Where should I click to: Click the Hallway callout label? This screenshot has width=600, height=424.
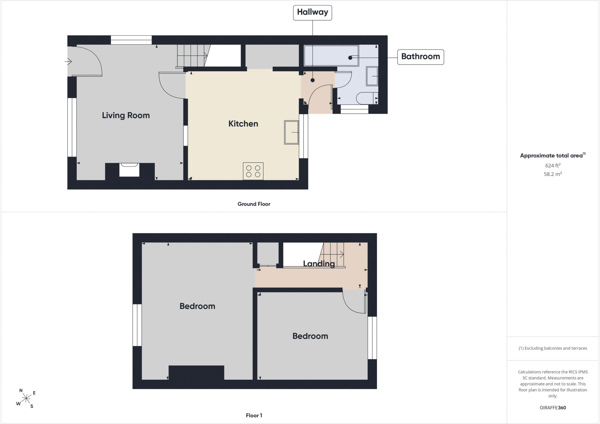312,13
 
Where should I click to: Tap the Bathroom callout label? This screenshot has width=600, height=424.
420,57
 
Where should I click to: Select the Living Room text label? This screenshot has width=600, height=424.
126,116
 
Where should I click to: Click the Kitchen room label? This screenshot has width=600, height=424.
243,124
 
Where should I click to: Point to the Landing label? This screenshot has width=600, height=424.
319,264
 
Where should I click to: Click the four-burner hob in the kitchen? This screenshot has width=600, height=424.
253,171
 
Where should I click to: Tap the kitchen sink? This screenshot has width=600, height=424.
292,133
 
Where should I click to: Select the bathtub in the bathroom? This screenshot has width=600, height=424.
331,56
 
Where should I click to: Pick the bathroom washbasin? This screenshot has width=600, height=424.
372,76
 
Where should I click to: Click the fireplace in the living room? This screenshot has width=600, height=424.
129,170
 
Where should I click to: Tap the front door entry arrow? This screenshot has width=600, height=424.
68,62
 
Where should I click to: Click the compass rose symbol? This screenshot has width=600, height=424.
26,398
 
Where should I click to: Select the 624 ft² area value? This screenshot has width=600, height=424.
553,165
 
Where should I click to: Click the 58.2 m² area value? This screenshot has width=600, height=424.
553,174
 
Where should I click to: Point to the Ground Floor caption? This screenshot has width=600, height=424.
254,204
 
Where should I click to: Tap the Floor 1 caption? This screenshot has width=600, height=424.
254,415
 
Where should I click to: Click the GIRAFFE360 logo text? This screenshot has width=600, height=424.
553,408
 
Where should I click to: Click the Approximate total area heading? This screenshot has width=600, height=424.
553,155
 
